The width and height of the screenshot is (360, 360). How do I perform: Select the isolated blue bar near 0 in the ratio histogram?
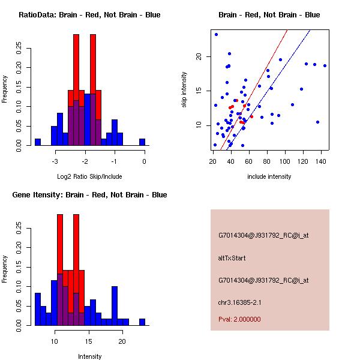point(142,142)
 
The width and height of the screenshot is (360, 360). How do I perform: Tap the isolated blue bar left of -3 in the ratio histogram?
point(38,142)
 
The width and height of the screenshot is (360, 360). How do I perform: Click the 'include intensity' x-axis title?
point(269,176)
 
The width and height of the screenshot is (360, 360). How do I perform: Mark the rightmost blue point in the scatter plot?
point(325,65)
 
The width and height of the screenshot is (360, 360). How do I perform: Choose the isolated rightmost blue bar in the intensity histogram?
point(142,322)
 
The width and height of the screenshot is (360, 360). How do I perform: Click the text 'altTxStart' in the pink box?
point(232,258)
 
